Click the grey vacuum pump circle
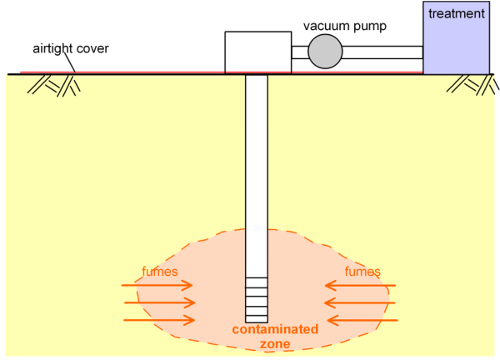pyautogui.click(x=325, y=52)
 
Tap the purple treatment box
pyautogui.click(x=457, y=37)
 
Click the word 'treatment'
pyautogui.click(x=457, y=13)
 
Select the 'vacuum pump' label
pyautogui.click(x=345, y=26)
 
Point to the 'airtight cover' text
pyautogui.click(x=71, y=49)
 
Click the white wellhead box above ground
pyautogui.click(x=258, y=52)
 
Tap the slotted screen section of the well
pyautogui.click(x=257, y=300)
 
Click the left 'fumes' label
pyautogui.click(x=160, y=272)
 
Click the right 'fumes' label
pyautogui.click(x=362, y=272)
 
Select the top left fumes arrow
pyautogui.click(x=157, y=285)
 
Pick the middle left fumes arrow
pyautogui.click(x=160, y=302)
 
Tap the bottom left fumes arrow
pyautogui.click(x=159, y=320)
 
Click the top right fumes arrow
pyautogui.click(x=360, y=285)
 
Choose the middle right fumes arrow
pyautogui.click(x=360, y=302)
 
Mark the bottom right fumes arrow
pyautogui.click(x=362, y=320)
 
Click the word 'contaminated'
pyautogui.click(x=275, y=329)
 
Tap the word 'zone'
pyautogui.click(x=275, y=344)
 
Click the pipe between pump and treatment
pyautogui.click(x=382, y=52)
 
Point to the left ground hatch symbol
pyautogui.click(x=53, y=86)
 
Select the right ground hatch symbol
pyautogui.click(x=472, y=84)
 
